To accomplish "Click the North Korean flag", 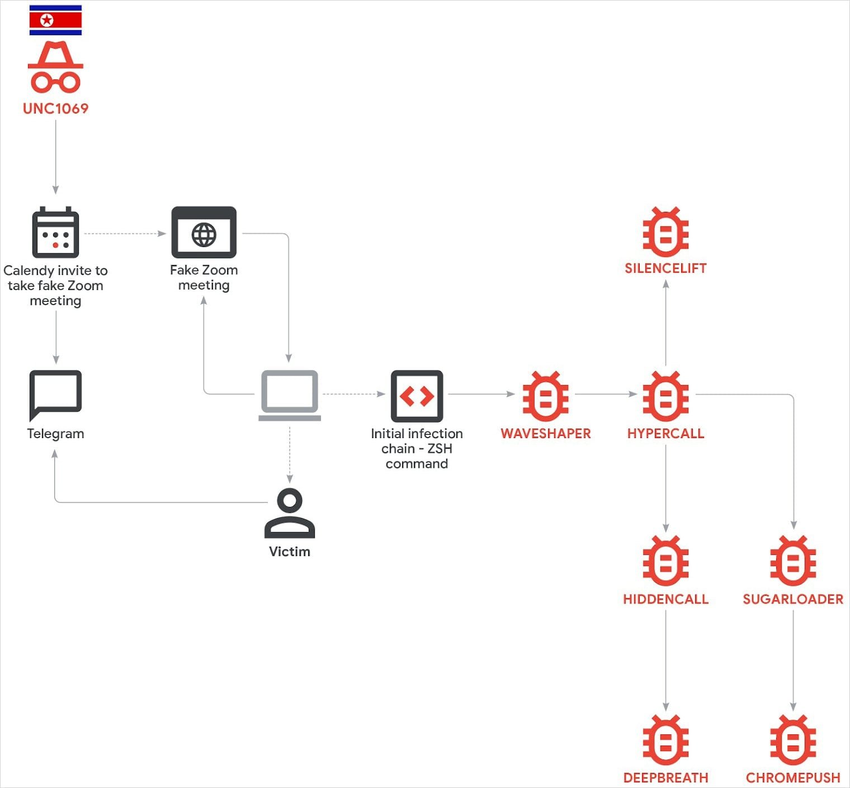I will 55,20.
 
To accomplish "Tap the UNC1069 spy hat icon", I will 55,67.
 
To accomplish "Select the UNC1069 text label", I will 55,108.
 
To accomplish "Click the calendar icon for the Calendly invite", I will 55,232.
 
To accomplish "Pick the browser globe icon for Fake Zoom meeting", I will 204,232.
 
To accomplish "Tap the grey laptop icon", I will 290,395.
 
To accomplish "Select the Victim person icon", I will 290,513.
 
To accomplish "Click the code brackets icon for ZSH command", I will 417,396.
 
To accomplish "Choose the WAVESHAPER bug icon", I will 545,396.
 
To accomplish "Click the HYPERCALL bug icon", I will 665,396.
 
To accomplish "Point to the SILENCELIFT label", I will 665,268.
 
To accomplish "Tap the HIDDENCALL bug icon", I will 665,561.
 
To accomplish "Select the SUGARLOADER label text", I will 792,599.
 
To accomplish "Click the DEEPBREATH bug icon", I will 665,739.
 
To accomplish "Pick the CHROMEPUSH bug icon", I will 792,739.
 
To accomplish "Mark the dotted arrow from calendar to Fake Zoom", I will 124,234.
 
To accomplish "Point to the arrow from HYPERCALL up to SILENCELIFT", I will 665,324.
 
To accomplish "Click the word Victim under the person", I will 290,552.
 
